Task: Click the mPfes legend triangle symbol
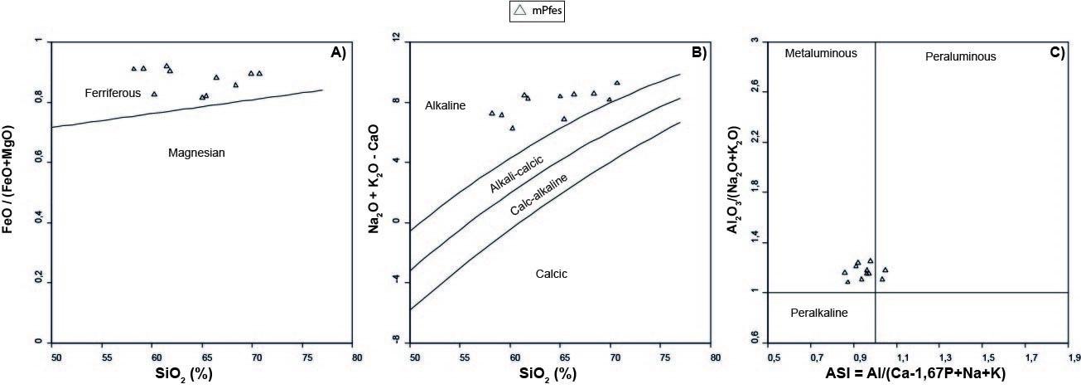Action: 519,11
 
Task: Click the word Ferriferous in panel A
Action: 113,93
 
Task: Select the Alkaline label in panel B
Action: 446,106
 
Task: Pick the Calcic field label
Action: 551,273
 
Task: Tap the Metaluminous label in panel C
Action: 821,53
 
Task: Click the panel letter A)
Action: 338,51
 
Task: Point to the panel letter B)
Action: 698,52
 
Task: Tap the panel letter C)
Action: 1056,52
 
